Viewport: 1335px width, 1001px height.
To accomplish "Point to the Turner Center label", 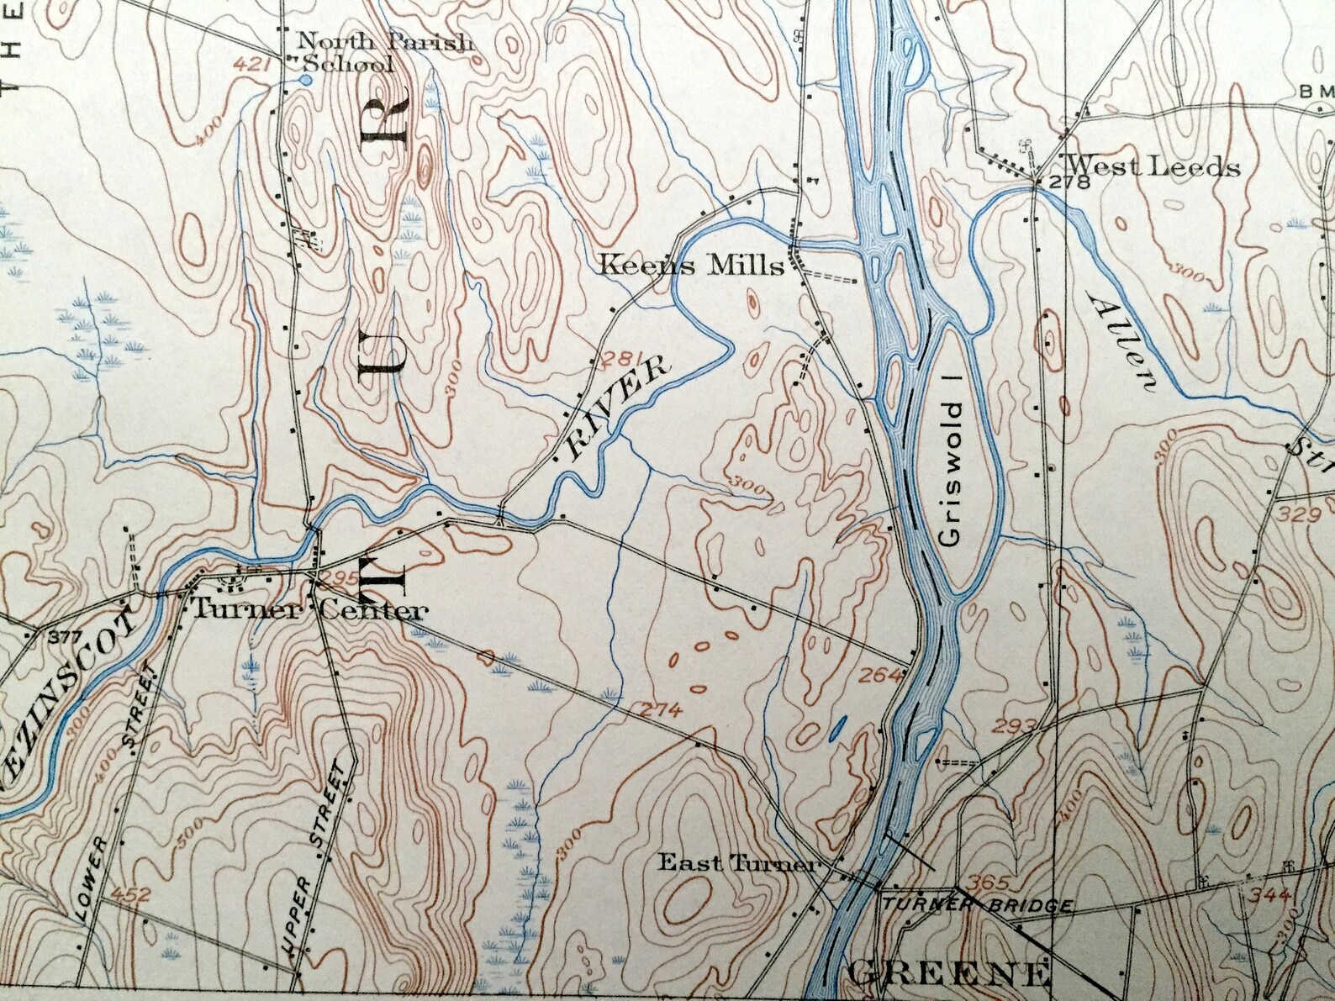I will tap(307, 611).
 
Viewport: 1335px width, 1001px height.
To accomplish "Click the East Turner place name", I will tap(736, 862).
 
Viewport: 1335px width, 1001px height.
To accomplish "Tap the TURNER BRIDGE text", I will tap(975, 905).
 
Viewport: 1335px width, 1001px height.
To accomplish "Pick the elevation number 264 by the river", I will tap(881, 673).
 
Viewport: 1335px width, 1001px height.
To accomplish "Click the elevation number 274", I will tap(659, 710).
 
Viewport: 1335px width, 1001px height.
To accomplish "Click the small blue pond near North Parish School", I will tap(305, 80).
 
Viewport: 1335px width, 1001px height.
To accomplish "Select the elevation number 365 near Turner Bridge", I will tap(985, 883).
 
